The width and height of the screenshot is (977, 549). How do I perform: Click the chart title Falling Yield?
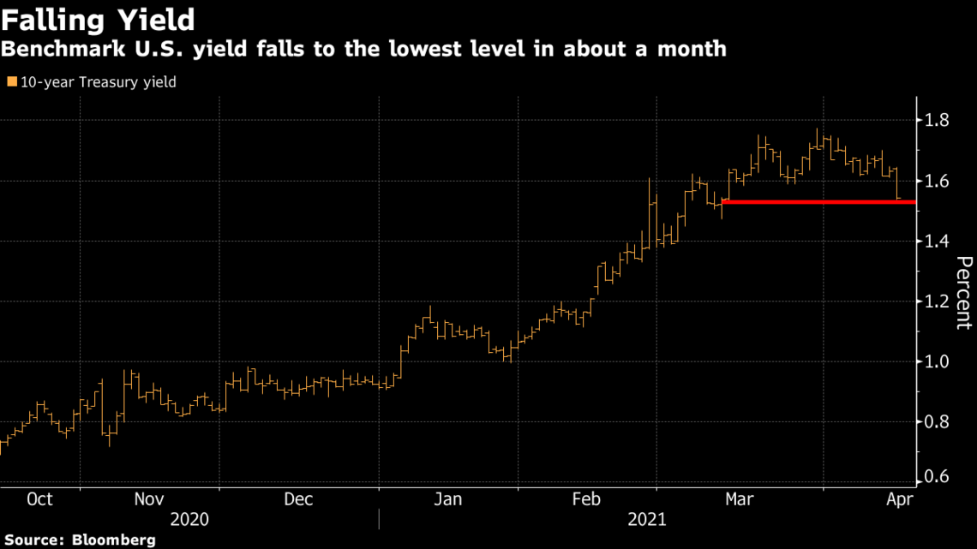[98, 18]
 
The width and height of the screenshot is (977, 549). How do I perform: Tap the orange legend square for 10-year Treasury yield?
[10, 82]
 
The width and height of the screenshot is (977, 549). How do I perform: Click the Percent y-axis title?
[962, 292]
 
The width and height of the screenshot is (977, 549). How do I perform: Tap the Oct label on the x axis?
[39, 499]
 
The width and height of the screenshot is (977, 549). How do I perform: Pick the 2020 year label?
[190, 520]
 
